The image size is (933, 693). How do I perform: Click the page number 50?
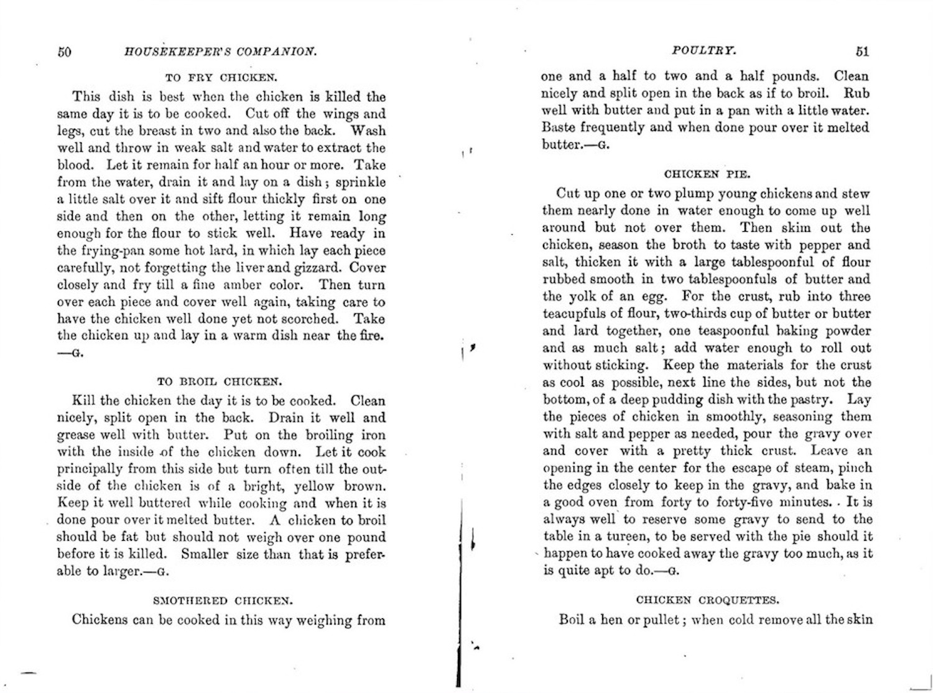point(65,52)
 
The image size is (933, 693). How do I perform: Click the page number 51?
point(862,52)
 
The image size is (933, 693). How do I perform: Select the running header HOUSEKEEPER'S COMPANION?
point(221,52)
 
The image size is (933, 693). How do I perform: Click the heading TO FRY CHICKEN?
point(221,78)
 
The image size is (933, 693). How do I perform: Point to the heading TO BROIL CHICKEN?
point(220,382)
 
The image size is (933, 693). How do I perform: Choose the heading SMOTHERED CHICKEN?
point(222,601)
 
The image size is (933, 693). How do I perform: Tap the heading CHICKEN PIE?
point(706,175)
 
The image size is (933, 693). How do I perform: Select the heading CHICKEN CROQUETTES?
point(707,600)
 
